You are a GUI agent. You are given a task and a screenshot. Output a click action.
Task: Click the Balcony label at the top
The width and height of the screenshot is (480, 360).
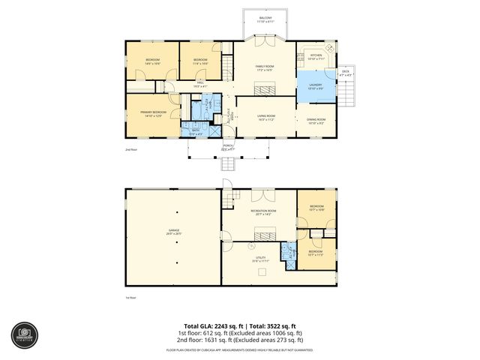(265, 19)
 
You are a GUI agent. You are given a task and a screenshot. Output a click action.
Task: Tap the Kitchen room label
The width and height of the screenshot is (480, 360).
(316, 55)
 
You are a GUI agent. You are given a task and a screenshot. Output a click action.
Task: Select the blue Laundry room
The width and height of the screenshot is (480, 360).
(315, 85)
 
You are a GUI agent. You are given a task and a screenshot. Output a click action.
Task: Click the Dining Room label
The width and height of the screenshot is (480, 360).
(316, 121)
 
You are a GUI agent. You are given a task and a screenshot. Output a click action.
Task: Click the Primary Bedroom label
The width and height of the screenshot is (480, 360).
(152, 114)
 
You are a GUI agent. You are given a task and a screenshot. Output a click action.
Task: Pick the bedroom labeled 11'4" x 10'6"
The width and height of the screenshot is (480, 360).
(199, 61)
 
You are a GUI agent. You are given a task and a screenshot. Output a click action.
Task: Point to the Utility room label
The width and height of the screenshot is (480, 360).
(260, 259)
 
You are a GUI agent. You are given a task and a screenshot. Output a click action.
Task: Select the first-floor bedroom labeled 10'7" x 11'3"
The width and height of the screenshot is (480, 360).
(316, 253)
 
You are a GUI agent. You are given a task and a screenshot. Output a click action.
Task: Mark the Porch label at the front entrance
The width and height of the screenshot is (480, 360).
(227, 148)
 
